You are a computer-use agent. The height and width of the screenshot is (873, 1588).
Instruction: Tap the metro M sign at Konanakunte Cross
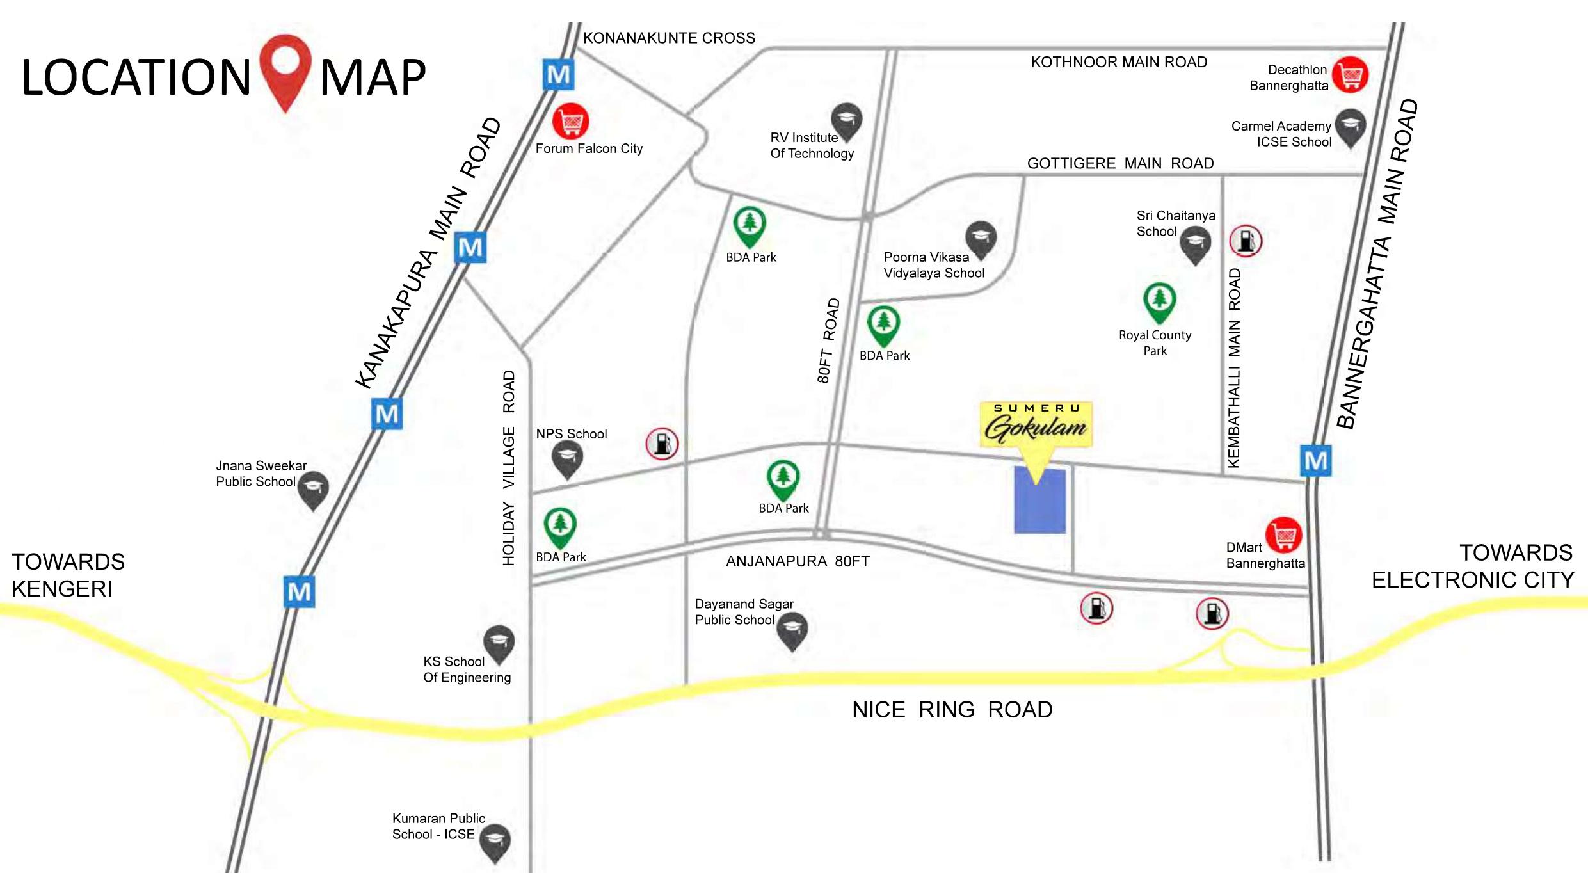pyautogui.click(x=559, y=75)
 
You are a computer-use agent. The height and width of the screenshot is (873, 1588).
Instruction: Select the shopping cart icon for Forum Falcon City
pyautogui.click(x=570, y=120)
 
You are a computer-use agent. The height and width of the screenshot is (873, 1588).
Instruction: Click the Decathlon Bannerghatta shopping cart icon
pyautogui.click(x=1351, y=75)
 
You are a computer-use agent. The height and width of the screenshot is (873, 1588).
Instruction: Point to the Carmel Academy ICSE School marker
pyautogui.click(x=1350, y=127)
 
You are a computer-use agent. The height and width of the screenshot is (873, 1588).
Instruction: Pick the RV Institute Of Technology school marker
pyautogui.click(x=847, y=120)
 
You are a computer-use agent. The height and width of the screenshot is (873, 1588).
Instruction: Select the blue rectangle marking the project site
pyautogui.click(x=1040, y=501)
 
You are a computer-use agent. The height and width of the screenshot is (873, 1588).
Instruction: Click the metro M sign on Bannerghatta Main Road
pyautogui.click(x=1316, y=461)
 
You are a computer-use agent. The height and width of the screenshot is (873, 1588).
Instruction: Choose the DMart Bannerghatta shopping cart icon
pyautogui.click(x=1283, y=534)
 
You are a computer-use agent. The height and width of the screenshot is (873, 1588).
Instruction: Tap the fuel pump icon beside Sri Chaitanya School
pyautogui.click(x=1246, y=241)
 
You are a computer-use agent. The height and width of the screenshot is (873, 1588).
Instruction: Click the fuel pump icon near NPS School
pyautogui.click(x=662, y=444)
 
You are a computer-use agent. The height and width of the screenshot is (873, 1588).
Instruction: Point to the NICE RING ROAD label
pyautogui.click(x=952, y=710)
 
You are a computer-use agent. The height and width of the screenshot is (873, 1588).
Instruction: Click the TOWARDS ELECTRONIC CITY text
pyautogui.click(x=1472, y=566)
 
